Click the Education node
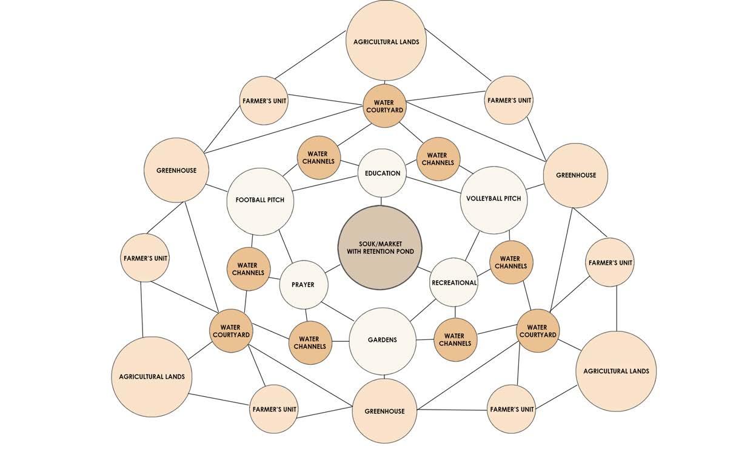[x=382, y=173]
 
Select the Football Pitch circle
[x=260, y=201]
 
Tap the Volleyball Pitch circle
[x=493, y=199]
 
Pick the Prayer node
[x=303, y=284]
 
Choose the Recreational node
[x=454, y=282]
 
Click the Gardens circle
[x=383, y=341]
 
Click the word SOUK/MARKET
[x=380, y=244]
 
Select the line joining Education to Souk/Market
[x=381, y=201]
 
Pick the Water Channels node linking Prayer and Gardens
[x=310, y=342]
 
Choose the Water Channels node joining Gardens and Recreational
[x=455, y=339]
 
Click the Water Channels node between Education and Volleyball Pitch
[x=438, y=159]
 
